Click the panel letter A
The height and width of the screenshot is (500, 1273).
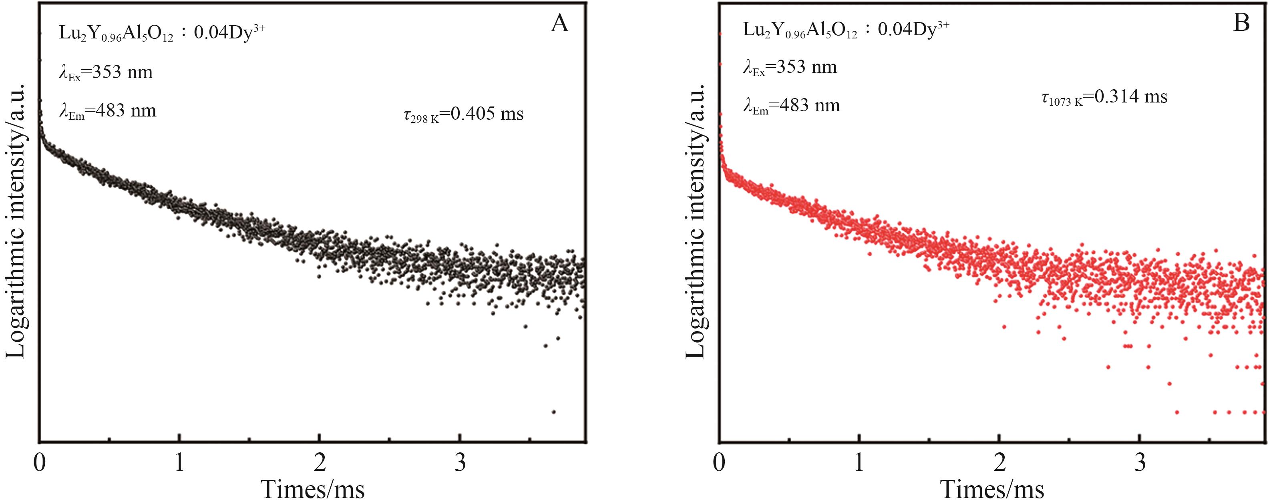559,23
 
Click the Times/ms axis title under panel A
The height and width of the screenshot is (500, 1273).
312,489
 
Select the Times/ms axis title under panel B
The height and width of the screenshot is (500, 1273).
992,489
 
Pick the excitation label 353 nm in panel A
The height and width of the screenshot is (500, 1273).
106,72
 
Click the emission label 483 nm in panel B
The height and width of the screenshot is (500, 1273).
792,106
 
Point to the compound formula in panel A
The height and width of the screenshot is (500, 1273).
162,32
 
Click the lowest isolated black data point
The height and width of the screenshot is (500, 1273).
553,412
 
